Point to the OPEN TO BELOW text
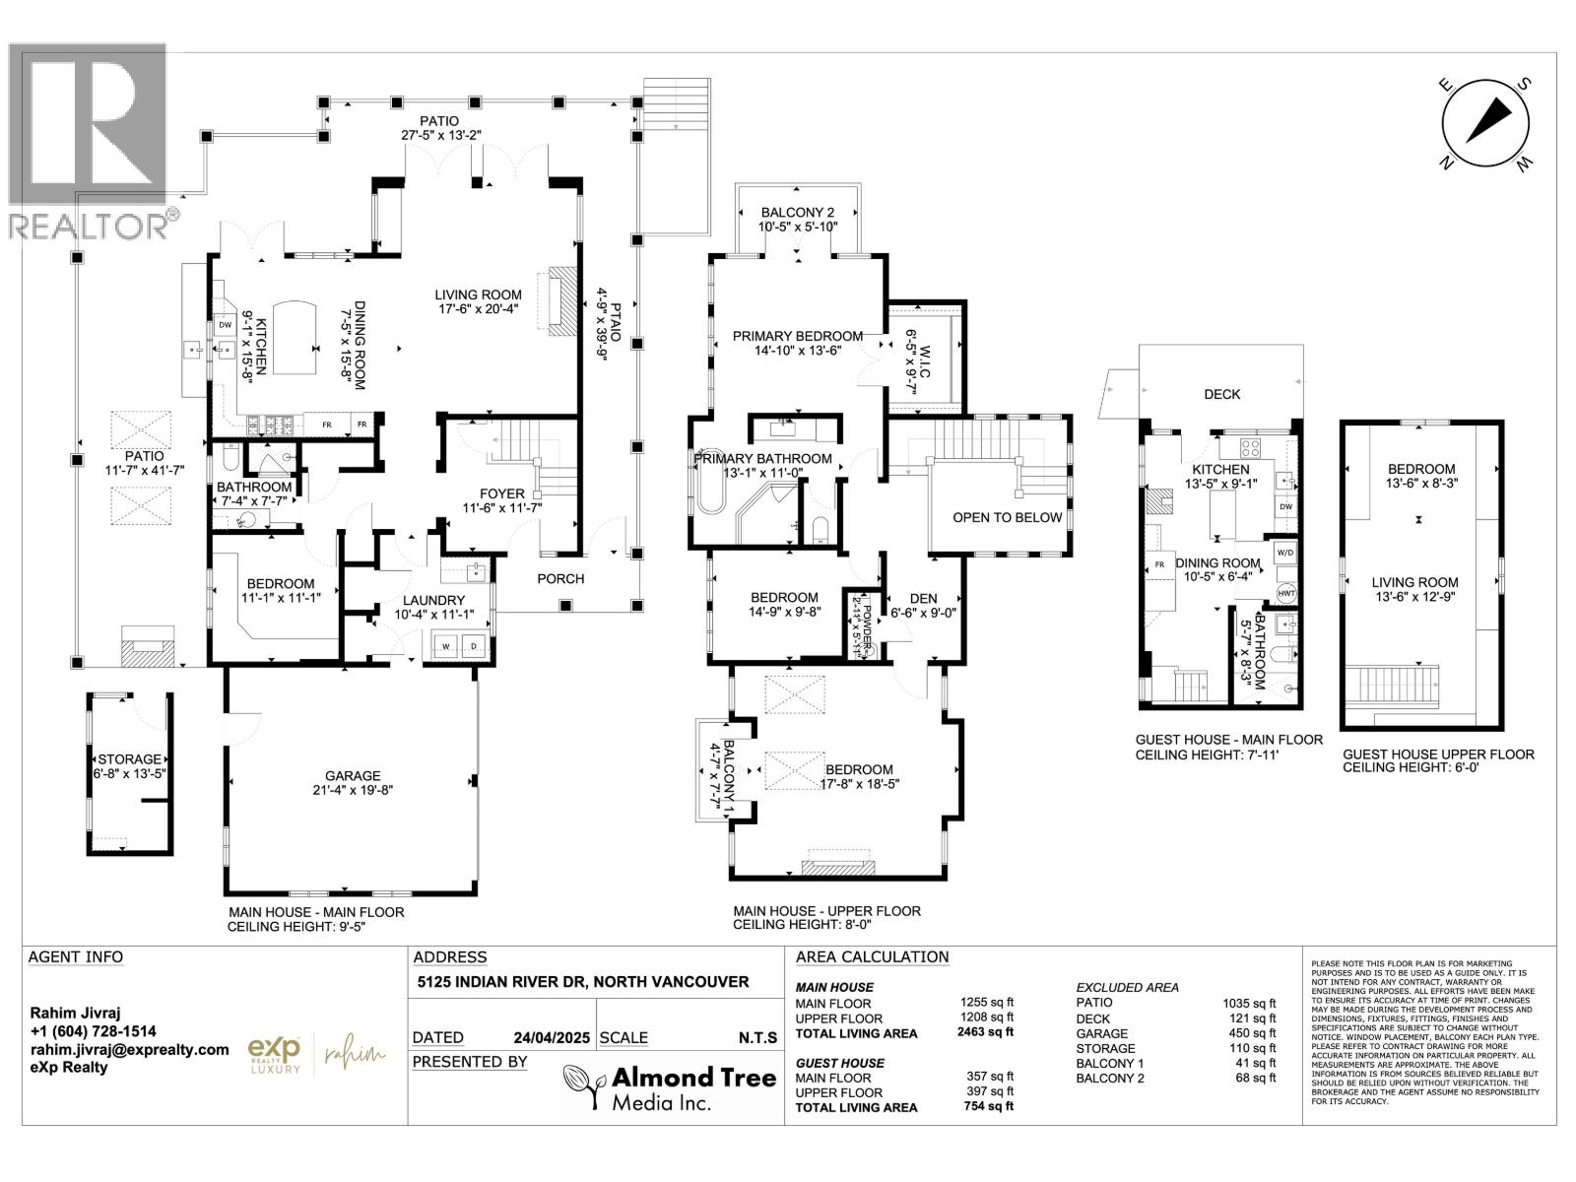pyautogui.click(x=1007, y=517)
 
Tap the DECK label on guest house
pyautogui.click(x=1221, y=394)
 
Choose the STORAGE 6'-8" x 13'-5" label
pyautogui.click(x=129, y=767)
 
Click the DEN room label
pyautogui.click(x=923, y=605)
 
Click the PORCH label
pyautogui.click(x=560, y=578)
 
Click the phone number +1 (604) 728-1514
pyautogui.click(x=93, y=1031)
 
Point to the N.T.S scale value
pyautogui.click(x=757, y=1037)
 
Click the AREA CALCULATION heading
pyautogui.click(x=872, y=956)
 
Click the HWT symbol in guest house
pyautogui.click(x=1285, y=594)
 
